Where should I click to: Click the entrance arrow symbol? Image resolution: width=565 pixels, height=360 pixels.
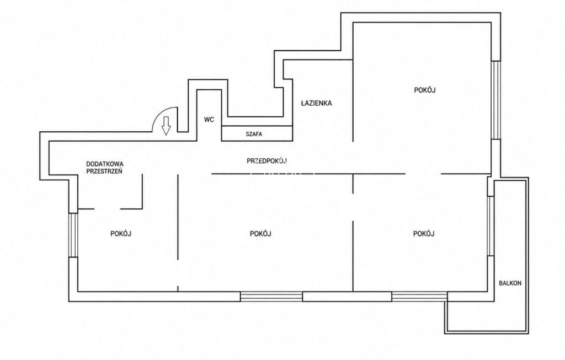(x=166, y=126)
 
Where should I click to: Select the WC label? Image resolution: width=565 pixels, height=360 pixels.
(x=209, y=119)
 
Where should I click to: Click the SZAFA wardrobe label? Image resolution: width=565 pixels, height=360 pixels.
(x=254, y=134)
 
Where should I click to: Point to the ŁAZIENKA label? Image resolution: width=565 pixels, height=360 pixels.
(x=316, y=103)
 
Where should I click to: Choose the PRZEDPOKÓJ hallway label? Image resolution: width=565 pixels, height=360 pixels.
(x=266, y=161)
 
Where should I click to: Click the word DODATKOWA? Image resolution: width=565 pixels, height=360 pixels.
(x=105, y=164)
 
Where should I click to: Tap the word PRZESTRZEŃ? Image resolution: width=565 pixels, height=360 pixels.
(x=104, y=171)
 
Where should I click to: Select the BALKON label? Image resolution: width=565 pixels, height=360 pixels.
(x=510, y=283)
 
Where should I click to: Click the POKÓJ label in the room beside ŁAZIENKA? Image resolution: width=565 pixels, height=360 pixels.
(x=425, y=90)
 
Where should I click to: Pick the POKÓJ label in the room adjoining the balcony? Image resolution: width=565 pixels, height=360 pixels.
(x=424, y=234)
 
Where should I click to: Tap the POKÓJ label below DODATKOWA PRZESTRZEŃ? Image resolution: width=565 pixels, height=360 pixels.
(x=121, y=234)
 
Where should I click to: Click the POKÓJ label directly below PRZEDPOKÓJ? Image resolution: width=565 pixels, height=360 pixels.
(x=260, y=234)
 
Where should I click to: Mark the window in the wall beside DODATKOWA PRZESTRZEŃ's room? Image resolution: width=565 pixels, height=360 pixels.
(x=73, y=235)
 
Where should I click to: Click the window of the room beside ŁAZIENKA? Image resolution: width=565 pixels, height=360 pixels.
(x=496, y=100)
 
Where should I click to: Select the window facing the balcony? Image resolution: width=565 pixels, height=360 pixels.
(x=491, y=225)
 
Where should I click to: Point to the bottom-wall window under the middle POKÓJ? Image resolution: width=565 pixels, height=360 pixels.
(x=271, y=296)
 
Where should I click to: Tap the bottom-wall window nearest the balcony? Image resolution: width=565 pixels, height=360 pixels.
(x=420, y=296)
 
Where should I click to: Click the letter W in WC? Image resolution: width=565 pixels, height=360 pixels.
(x=206, y=119)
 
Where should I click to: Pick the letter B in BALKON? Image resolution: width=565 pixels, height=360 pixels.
(x=500, y=283)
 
